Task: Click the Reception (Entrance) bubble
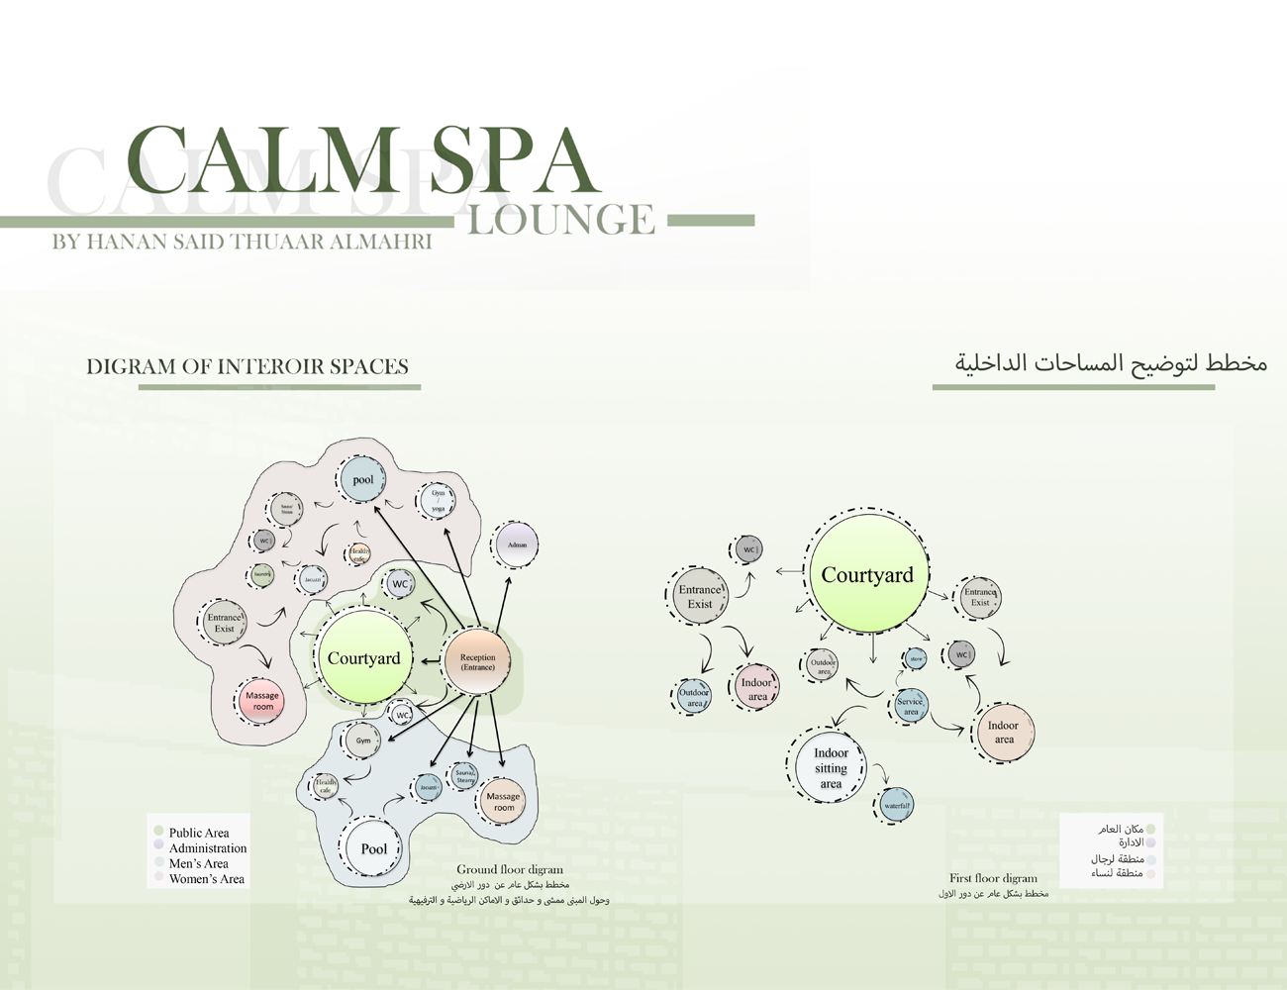(477, 661)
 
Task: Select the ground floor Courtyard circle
(364, 658)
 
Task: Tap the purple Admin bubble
(517, 544)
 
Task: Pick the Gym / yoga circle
(438, 500)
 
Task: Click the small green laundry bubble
(262, 574)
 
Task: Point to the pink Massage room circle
(262, 701)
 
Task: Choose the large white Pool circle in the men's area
(373, 848)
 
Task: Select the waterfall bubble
(896, 806)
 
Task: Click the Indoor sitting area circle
(831, 767)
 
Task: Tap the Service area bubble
(911, 706)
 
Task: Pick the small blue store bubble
(916, 658)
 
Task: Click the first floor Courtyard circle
(867, 575)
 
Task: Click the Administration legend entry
(207, 848)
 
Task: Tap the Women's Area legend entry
(206, 879)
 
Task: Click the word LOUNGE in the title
(560, 221)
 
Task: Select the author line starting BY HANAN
(242, 242)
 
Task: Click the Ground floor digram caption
(509, 869)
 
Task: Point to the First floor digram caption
(993, 878)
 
